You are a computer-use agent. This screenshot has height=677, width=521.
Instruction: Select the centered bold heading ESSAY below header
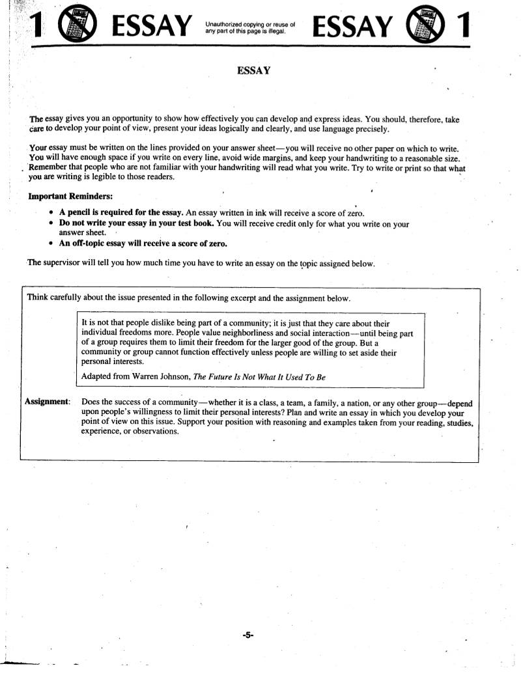(x=253, y=70)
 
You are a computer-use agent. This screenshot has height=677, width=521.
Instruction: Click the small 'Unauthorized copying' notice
(x=250, y=27)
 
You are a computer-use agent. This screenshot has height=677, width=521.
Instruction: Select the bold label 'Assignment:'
(x=48, y=402)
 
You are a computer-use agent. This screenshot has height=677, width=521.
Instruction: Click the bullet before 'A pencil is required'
(x=51, y=213)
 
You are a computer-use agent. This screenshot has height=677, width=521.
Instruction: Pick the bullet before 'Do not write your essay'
(x=51, y=223)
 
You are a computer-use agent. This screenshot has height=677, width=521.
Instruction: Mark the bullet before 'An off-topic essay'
(x=51, y=244)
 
